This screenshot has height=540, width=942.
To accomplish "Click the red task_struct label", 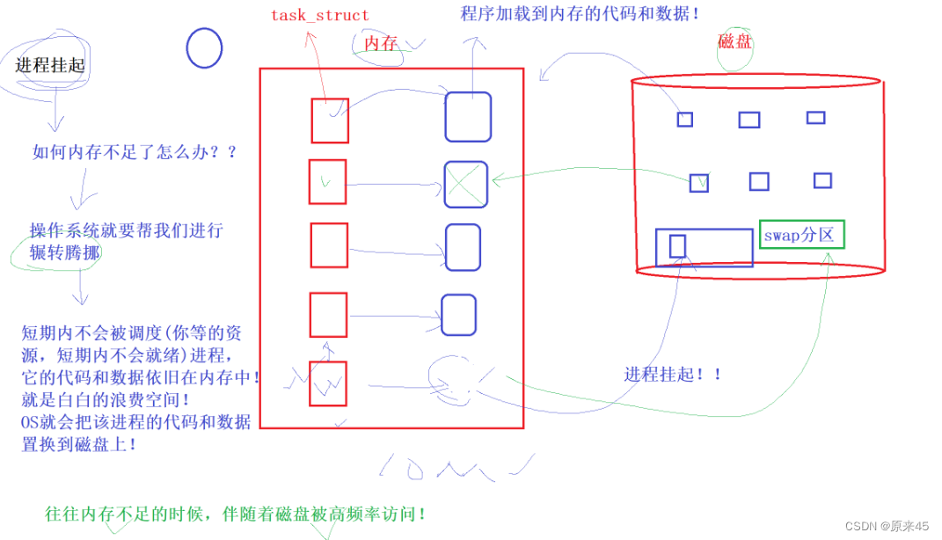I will coord(319,15).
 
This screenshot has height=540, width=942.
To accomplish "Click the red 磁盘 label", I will coord(735,41).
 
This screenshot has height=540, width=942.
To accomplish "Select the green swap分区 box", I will coord(802,234).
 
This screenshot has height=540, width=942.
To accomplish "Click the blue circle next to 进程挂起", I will coord(204,47).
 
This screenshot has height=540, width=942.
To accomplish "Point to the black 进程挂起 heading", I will coord(50,65).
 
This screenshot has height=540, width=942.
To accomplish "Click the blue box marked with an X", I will coord(465,184).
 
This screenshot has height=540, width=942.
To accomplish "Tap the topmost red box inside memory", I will coord(330,120).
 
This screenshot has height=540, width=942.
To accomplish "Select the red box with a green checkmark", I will coord(327,182).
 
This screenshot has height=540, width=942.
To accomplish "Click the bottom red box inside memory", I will coord(328,383).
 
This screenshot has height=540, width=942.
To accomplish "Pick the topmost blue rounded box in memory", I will coord(467,116).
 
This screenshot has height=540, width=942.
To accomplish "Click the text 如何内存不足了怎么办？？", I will coord(135,152).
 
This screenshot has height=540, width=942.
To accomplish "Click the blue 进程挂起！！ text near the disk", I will coord(673,374).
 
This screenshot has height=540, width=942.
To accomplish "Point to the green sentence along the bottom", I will coord(236,514).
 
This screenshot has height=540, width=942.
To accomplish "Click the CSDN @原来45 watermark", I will coord(887,526).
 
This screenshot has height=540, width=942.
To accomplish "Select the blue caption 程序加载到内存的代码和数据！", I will coord(581,14).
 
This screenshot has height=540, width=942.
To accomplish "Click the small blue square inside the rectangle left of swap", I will coord(677,246).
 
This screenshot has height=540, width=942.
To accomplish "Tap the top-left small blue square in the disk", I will coord(684,120).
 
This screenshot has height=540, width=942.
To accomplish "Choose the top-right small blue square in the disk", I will coord(815,118).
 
